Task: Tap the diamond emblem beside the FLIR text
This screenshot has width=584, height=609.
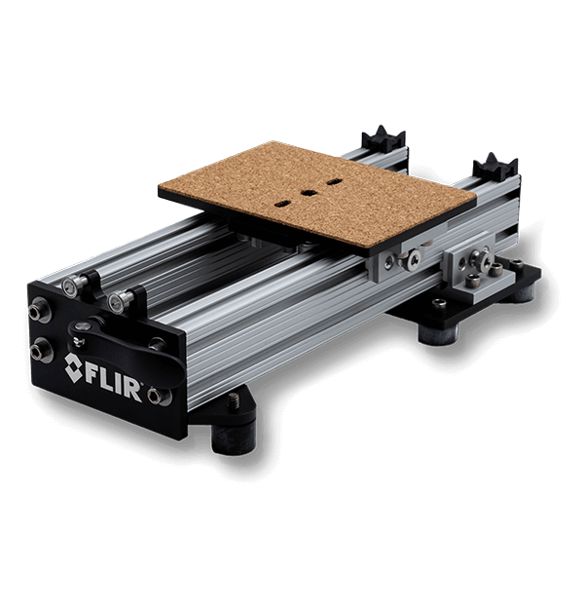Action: point(74,367)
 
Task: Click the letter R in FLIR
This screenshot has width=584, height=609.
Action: point(133,390)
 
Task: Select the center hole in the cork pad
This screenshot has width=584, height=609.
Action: point(309,193)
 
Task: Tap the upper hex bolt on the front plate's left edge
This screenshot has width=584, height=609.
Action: point(36,313)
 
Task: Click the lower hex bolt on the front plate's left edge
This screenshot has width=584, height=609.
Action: point(38,352)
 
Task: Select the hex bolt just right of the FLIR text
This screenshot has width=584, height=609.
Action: point(155,397)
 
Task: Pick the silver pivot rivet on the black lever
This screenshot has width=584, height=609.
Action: point(81,325)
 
